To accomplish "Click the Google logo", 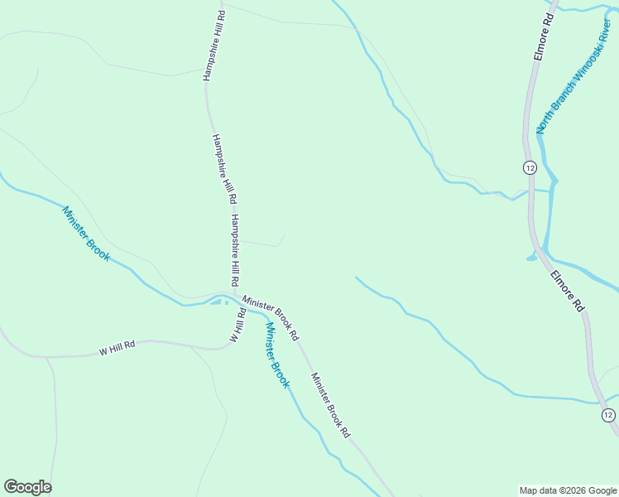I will tap(27, 487).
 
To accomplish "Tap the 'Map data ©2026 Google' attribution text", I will tap(569, 490).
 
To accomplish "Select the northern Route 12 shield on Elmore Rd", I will tap(530, 167).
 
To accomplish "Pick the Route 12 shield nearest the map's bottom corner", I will tap(608, 415).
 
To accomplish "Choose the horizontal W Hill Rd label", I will tap(117, 346).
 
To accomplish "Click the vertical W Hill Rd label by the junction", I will tap(238, 325).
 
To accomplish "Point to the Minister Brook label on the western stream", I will tap(86, 234).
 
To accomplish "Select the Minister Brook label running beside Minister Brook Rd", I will tap(277, 354).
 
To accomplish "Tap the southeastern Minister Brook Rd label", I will tap(331, 405).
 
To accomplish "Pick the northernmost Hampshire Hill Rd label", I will tap(214, 46).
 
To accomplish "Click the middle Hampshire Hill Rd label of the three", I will tap(224, 169).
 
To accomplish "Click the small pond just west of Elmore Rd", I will tap(531, 257).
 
